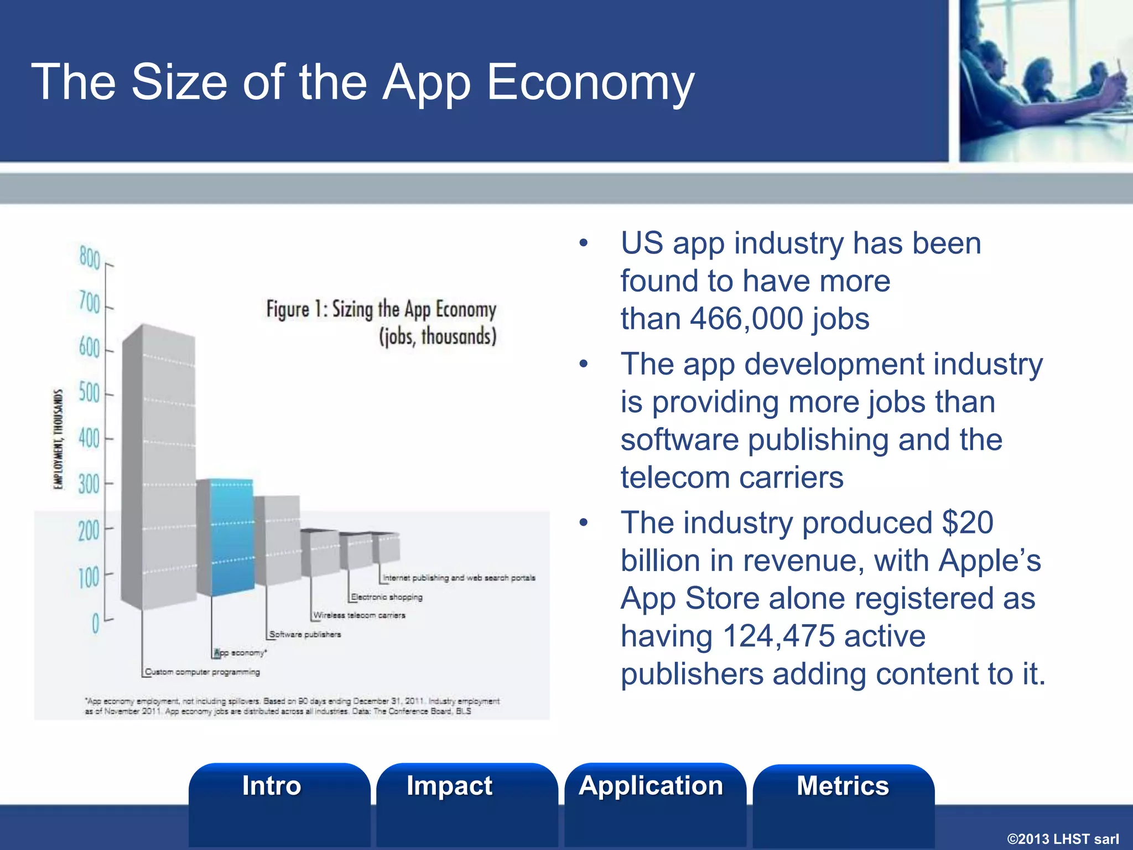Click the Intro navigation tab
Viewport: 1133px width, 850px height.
272,786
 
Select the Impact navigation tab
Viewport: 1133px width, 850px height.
449,786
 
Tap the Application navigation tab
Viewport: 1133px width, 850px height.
651,786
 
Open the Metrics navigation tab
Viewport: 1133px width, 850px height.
843,786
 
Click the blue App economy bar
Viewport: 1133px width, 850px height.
232,537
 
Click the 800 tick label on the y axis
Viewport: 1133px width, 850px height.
90,258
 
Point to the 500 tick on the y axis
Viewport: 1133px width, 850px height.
90,393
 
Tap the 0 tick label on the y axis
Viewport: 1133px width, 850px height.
96,624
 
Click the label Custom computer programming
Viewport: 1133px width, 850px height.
202,672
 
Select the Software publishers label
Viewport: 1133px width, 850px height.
305,635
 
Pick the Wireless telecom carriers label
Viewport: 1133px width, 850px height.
359,615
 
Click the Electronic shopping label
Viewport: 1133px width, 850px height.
387,597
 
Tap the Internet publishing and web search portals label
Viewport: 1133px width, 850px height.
459,578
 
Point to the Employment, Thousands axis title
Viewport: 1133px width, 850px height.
58,439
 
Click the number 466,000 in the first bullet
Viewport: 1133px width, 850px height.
746,319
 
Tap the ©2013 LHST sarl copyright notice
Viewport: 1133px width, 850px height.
1063,839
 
